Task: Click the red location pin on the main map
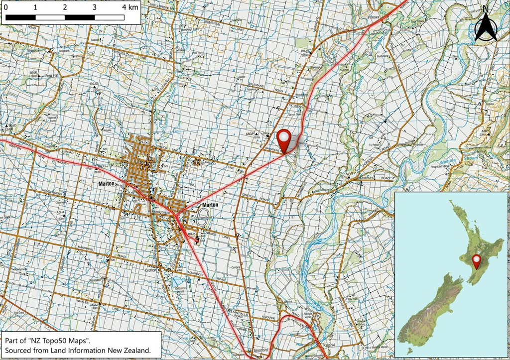click(284, 140)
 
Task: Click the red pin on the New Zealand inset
click(476, 261)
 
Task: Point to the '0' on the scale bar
click(6, 8)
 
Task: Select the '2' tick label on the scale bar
click(65, 8)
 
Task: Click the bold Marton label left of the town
click(107, 184)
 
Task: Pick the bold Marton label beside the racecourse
click(210, 205)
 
